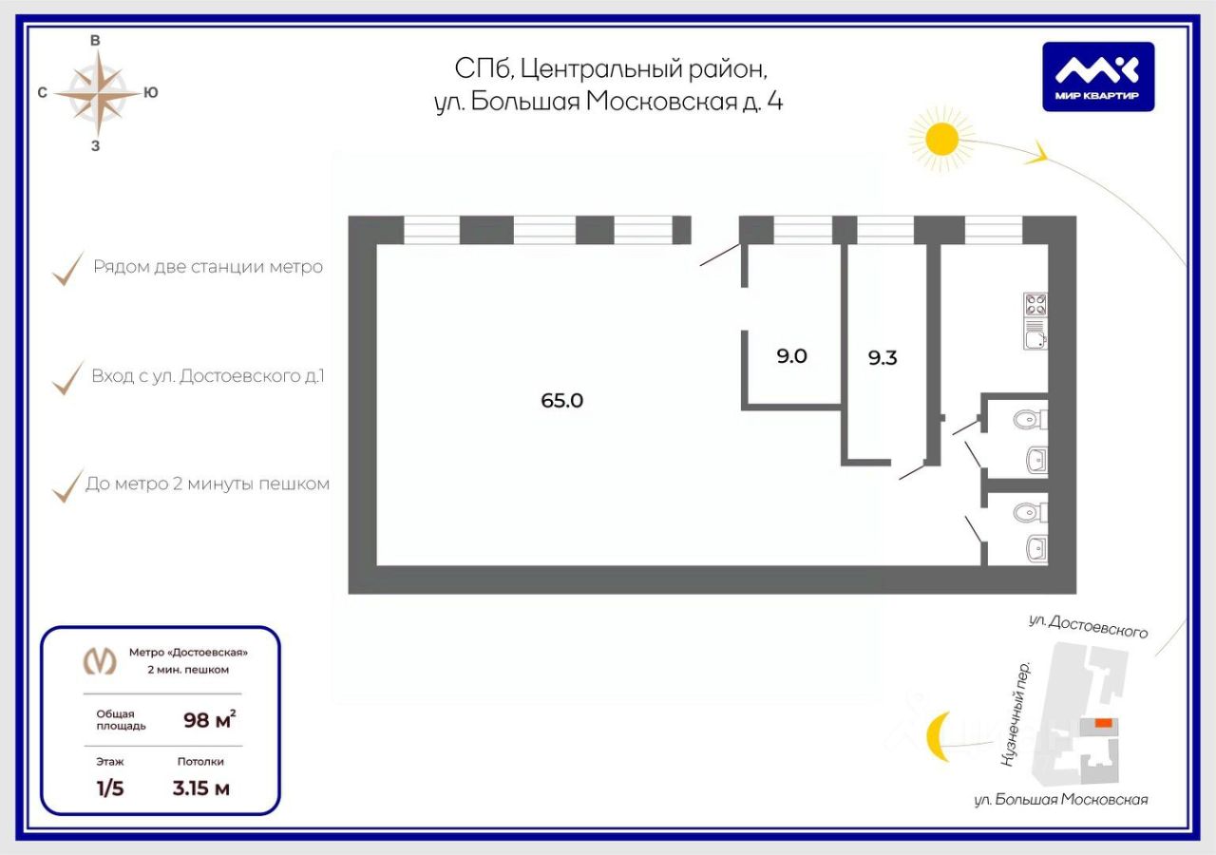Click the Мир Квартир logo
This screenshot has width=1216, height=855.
click(x=1098, y=77)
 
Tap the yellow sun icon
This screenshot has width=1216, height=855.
click(x=941, y=139)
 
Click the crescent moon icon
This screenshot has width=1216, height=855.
click(x=938, y=736)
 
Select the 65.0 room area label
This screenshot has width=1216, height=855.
click(x=561, y=401)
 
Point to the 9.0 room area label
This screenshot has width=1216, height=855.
click(x=791, y=356)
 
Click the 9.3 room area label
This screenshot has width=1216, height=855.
click(x=883, y=358)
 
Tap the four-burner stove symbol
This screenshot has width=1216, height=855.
click(x=1035, y=305)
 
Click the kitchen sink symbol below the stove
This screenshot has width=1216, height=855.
click(x=1035, y=340)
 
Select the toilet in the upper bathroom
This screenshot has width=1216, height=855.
click(x=1030, y=419)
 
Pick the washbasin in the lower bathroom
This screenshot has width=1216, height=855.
click(x=1036, y=549)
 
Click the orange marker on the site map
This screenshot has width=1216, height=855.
click(x=1103, y=723)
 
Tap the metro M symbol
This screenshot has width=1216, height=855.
click(x=100, y=661)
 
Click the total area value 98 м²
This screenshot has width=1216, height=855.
click(x=210, y=719)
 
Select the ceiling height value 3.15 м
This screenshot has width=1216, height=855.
click(x=200, y=788)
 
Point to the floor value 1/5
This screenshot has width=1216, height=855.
click(x=110, y=788)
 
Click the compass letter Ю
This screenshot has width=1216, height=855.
click(x=151, y=93)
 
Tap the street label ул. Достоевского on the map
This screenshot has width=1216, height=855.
click(x=1088, y=626)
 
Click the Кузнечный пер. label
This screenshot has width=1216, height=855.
click(x=1016, y=713)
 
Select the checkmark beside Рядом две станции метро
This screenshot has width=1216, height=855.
click(x=67, y=268)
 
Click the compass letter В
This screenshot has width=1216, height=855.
click(x=95, y=41)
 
